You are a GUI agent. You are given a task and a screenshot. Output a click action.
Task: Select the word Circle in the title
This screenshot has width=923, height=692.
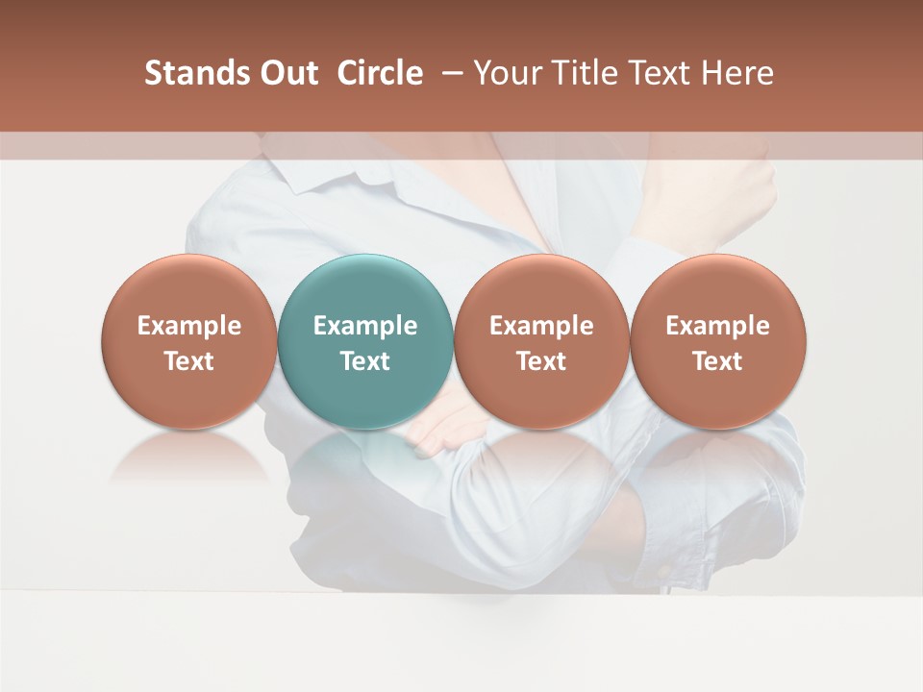pos(380,73)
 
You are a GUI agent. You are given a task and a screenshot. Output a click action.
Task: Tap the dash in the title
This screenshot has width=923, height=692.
pos(449,73)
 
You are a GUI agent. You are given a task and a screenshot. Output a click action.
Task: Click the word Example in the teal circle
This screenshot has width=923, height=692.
pos(365,326)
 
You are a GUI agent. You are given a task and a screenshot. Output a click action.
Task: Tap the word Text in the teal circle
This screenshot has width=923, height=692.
pos(365,361)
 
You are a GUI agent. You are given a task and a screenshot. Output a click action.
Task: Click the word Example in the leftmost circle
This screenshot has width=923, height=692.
pos(189,326)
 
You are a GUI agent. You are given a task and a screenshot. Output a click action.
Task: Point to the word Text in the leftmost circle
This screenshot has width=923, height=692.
pos(189,361)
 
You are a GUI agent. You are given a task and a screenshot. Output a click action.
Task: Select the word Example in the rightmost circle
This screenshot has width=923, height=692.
pos(717,326)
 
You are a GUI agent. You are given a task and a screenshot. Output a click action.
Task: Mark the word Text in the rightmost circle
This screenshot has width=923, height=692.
pos(717,361)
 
